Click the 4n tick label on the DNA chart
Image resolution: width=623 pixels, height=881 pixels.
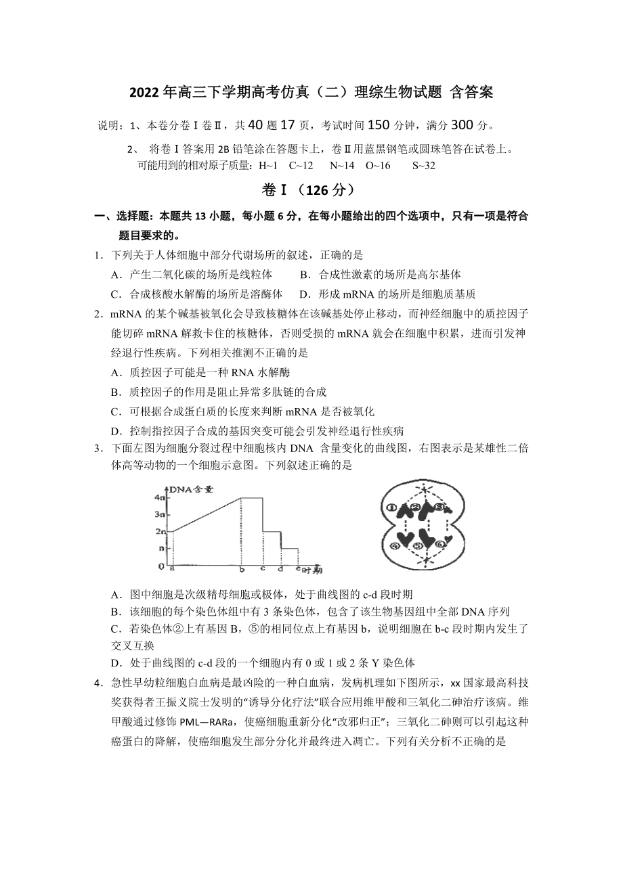(160, 497)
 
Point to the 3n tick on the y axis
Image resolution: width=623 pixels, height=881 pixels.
(160, 515)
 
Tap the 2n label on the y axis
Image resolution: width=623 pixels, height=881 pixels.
(160, 532)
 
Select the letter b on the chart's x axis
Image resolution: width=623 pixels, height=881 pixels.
(242, 568)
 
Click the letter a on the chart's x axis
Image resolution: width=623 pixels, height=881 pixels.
(172, 568)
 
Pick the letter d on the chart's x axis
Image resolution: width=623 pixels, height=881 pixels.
(280, 568)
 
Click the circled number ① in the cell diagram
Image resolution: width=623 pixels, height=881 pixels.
(391, 507)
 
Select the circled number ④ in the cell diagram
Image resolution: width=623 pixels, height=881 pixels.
(394, 545)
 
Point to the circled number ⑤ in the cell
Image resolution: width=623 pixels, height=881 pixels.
(418, 547)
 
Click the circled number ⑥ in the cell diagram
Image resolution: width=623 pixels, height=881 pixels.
(441, 544)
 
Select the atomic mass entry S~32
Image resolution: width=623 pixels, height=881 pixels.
(424, 166)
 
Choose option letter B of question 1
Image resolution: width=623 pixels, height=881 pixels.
(305, 275)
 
